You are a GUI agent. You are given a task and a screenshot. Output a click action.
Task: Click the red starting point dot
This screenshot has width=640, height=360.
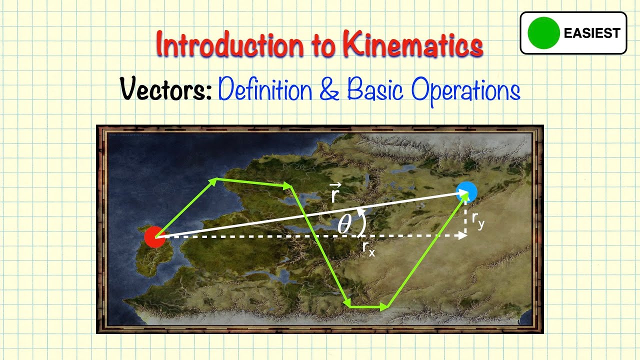(x=155, y=236)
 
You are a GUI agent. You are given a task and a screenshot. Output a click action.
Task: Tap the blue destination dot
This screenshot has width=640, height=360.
(x=466, y=192)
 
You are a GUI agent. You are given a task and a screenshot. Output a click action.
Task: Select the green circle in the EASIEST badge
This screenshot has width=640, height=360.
(x=543, y=33)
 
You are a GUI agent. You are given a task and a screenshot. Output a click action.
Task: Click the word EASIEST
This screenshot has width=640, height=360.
(x=592, y=33)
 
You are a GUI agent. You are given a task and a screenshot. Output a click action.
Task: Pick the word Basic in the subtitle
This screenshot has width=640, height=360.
(x=375, y=90)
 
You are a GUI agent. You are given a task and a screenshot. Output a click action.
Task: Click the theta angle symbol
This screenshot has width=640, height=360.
(x=344, y=224)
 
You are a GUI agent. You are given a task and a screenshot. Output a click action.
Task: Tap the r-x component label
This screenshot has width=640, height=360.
(x=368, y=248)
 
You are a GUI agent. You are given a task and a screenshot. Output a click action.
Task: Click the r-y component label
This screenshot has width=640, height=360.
(x=478, y=221)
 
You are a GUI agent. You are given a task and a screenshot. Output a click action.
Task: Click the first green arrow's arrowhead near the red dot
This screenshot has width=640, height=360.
(x=213, y=180)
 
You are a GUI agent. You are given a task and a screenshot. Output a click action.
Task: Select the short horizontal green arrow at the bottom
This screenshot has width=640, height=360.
(x=368, y=305)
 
